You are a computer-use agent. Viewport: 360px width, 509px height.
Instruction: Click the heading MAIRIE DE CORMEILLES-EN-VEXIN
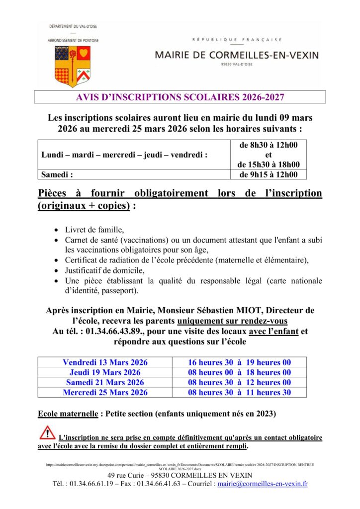(237, 55)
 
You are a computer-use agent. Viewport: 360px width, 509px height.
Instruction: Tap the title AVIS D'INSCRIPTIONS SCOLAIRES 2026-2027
(180, 96)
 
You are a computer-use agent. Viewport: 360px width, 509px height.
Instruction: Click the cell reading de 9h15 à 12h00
(269, 174)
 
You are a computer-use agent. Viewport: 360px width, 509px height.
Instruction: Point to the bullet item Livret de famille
(94, 230)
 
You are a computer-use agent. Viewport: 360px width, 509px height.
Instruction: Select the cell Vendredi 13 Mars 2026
(105, 362)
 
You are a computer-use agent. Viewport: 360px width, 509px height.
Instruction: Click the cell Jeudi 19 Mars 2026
(105, 372)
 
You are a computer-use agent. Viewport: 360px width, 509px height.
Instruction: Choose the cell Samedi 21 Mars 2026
(105, 382)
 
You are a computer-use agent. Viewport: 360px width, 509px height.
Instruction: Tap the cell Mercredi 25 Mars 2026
(105, 392)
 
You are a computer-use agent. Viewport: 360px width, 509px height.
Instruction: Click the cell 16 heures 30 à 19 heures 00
(239, 362)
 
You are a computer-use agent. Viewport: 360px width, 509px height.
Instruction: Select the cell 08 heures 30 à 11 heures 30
(239, 392)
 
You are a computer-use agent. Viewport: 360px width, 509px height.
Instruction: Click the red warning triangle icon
(48, 432)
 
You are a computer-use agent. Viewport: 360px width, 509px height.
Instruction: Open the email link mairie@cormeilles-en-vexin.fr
(263, 483)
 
